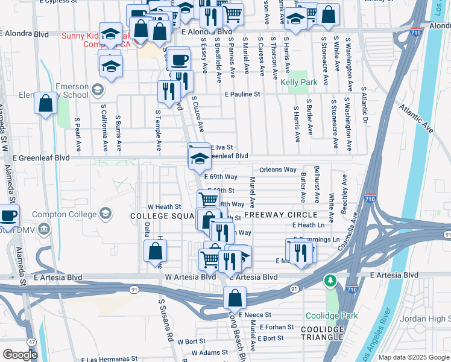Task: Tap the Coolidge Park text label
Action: coord(332,316)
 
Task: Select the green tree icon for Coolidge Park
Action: coord(330,281)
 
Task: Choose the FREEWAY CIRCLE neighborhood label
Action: coord(280,215)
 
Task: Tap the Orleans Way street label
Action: coord(278,170)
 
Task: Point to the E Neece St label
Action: coord(255,314)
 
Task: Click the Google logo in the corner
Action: coord(20,355)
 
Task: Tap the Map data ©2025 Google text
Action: coord(414,357)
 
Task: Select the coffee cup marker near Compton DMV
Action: coord(8,215)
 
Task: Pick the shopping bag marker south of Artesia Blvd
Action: coord(235,297)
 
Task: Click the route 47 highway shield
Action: coord(31,341)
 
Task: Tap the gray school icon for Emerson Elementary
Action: coord(96,91)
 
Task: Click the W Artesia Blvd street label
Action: coord(191,277)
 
